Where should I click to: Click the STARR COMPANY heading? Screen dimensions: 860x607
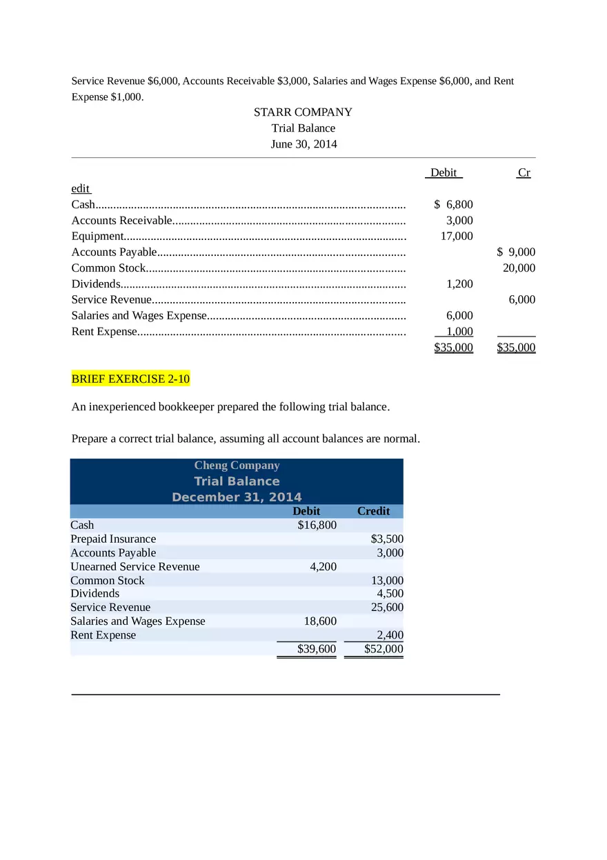pos(303,112)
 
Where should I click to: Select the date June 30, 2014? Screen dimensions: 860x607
pos(303,144)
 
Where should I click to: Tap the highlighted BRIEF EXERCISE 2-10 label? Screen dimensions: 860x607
pos(130,379)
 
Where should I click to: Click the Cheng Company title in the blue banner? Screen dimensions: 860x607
pos(237,466)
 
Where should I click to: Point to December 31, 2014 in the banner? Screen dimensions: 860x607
pos(237,497)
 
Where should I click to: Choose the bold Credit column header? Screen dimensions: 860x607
pos(373,511)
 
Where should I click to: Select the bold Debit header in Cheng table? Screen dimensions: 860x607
pos(306,511)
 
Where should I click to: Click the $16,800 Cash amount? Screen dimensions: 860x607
pos(317,525)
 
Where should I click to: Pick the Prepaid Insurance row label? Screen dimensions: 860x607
pos(113,539)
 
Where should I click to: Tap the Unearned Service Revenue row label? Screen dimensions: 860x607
pos(135,566)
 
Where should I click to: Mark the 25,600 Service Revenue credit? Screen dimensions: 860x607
pos(387,608)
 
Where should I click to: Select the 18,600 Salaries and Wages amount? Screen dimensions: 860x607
pos(320,621)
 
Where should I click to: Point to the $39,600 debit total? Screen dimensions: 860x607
pos(316,649)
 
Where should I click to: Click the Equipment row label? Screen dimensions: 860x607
pos(97,236)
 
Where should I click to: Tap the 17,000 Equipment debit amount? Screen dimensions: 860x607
pos(457,236)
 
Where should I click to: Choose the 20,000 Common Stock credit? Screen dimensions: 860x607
pos(519,268)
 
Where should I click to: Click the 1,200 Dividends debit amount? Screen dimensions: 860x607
pos(459,283)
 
